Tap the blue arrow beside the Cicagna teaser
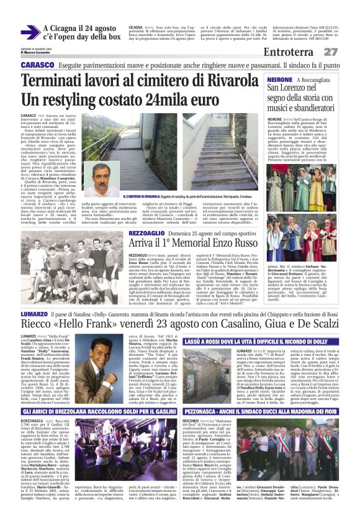point(29,33)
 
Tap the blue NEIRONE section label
point(279,80)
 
